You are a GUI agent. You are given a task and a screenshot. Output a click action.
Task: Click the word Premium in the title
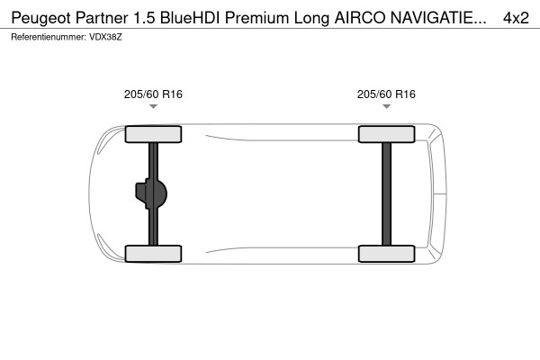pos(265,18)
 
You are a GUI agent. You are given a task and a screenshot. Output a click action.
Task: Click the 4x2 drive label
pos(516,18)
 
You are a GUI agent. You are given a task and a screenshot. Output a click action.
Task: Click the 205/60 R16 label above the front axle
pos(153,94)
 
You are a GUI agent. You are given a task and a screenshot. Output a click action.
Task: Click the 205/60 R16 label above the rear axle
pos(386,94)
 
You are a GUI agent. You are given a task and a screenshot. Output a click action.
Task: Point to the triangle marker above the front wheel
pos(153,107)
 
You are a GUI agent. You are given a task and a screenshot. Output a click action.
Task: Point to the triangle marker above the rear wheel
pos(386,107)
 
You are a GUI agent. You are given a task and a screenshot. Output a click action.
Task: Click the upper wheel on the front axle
pos(153,135)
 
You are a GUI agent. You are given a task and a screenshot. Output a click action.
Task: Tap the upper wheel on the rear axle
pos(386,135)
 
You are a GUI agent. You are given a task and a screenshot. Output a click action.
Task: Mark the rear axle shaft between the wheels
pos(386,193)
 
